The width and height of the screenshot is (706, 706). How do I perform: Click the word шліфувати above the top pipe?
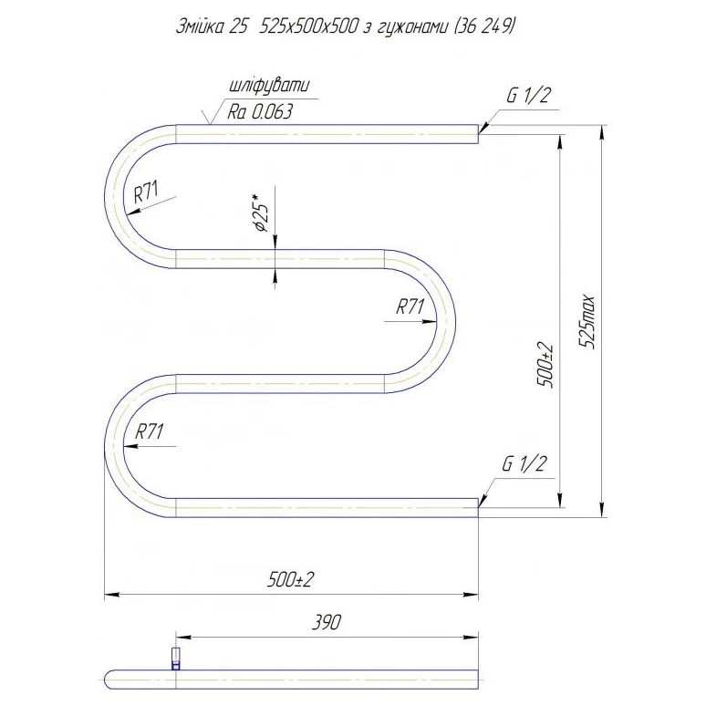tap(269, 86)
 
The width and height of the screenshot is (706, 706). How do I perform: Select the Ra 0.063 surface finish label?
tap(260, 111)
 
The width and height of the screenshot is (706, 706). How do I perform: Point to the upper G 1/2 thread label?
tap(528, 96)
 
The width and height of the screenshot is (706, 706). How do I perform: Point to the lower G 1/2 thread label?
tap(524, 463)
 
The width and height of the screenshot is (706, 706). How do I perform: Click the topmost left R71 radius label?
tap(147, 192)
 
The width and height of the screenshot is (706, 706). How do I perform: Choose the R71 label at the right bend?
tap(410, 307)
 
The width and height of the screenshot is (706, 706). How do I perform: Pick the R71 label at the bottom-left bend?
tap(149, 431)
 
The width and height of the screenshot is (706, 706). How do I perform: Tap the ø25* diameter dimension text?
tap(262, 213)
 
